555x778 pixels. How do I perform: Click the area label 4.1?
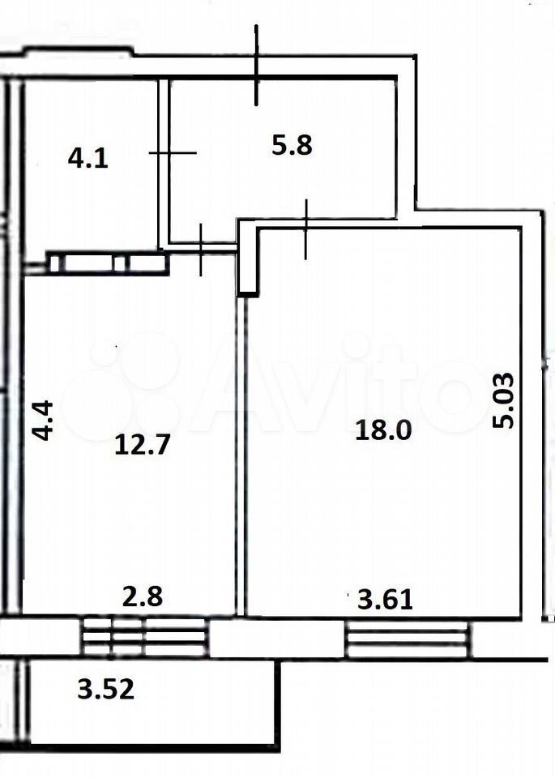coord(88,160)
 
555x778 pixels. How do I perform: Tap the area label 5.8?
coord(292,146)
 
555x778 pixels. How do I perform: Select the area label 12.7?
coord(143,444)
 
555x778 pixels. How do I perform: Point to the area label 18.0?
coord(383,430)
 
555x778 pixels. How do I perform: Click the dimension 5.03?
coord(503,401)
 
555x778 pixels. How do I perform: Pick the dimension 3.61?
coord(386,600)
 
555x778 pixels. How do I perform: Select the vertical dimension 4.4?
coord(42,421)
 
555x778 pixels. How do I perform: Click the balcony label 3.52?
coord(105,689)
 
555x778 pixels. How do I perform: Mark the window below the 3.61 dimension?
coord(408,638)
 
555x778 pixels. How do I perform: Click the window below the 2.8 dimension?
coord(144,637)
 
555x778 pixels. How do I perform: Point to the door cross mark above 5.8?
coord(256,66)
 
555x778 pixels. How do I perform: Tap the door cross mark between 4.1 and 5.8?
coord(172,153)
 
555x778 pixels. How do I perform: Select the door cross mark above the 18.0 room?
coord(305,229)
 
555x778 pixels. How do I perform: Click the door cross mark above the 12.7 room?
coord(201,250)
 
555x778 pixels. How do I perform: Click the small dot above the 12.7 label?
coord(117,347)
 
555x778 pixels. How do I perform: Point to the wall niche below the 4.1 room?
coord(108,263)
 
